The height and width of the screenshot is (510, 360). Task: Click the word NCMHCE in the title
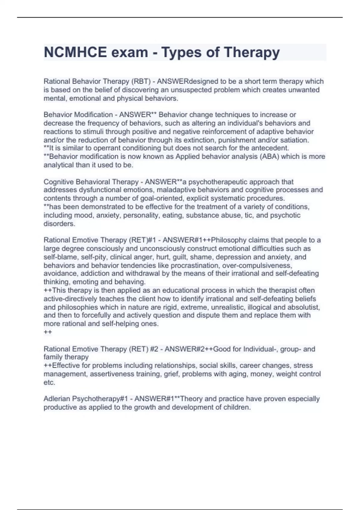75,52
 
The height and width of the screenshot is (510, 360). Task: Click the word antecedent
270,148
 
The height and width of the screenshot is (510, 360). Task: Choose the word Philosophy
229,240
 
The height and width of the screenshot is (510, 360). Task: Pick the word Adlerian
57,399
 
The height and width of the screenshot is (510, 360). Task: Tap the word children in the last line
237,407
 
